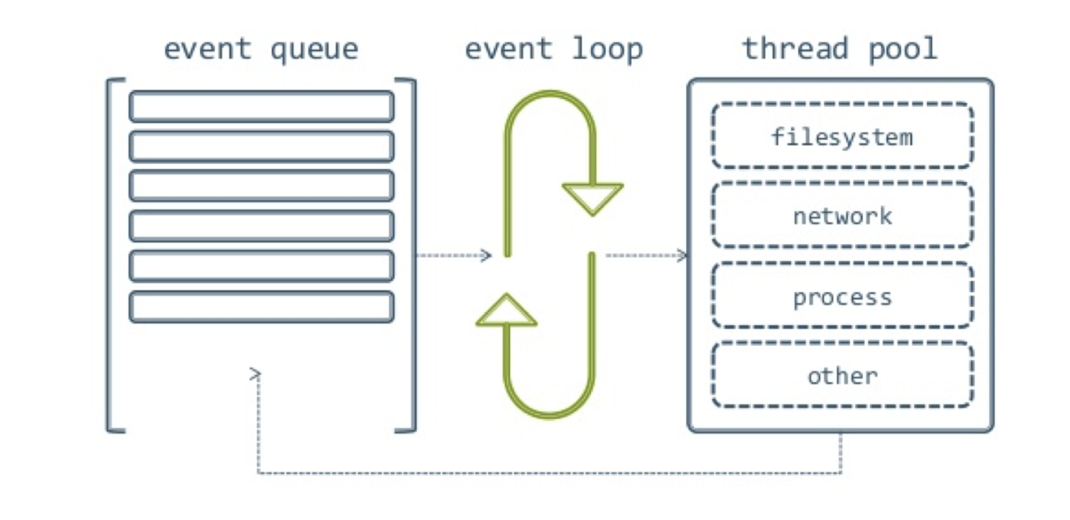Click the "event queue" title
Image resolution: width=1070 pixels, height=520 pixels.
(261, 50)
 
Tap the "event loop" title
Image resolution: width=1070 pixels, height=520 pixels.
(554, 50)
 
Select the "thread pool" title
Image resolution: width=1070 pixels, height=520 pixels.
(840, 48)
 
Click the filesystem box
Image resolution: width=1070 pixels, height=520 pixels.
(842, 135)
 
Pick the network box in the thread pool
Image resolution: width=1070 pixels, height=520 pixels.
(842, 216)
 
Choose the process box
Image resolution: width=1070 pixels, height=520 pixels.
(842, 295)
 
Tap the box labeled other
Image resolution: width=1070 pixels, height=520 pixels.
(842, 375)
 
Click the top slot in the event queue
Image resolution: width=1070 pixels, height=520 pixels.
(261, 106)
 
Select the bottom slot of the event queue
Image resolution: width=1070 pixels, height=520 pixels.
(261, 306)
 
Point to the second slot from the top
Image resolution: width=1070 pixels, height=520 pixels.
(261, 146)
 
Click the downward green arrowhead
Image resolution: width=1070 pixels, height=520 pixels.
(593, 198)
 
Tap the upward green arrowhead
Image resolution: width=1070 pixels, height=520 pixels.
(507, 310)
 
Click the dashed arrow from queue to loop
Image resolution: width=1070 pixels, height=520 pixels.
(454, 255)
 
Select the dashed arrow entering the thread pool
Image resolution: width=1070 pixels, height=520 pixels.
(646, 255)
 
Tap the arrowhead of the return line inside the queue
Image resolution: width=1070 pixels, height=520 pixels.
(256, 374)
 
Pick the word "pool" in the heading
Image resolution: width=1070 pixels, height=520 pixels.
(903, 50)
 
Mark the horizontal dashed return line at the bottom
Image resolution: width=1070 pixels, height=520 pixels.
(550, 473)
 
